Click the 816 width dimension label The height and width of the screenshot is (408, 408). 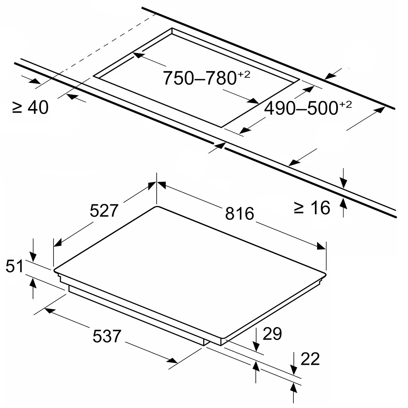(239, 213)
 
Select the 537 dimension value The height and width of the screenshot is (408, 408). (107, 336)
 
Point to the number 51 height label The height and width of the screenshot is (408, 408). (15, 266)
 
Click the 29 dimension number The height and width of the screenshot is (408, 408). (272, 334)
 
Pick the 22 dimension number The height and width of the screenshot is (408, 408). (310, 359)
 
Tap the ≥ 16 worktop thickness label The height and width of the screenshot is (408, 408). (312, 208)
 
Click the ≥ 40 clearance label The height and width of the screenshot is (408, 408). (31, 107)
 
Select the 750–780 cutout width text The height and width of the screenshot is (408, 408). (200, 78)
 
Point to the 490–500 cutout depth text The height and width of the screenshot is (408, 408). (301, 108)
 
